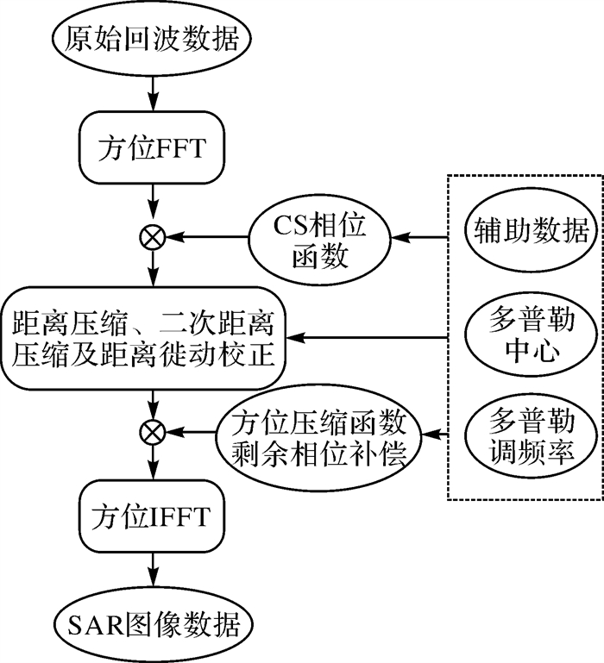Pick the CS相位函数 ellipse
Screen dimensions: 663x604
click(x=319, y=235)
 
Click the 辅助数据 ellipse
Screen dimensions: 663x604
click(x=527, y=230)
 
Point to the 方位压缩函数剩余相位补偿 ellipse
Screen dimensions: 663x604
click(x=318, y=429)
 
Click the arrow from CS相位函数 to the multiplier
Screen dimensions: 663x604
click(x=207, y=235)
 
